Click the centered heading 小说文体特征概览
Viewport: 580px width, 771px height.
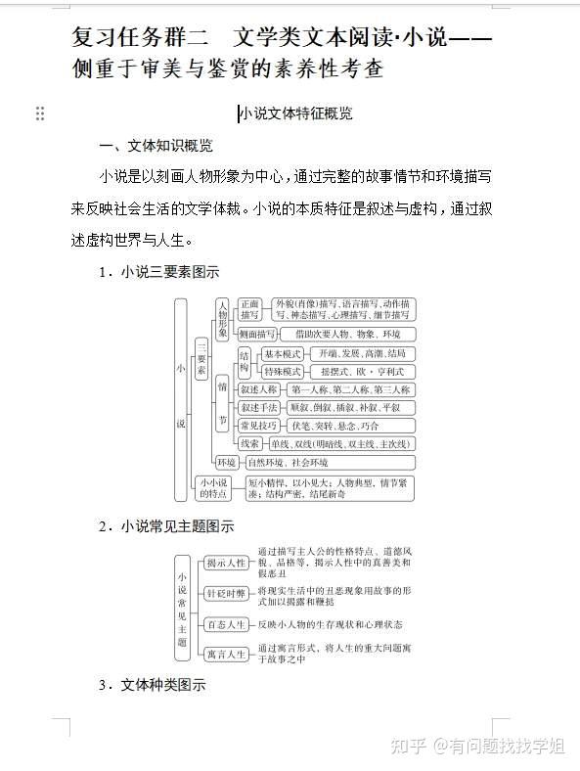295,113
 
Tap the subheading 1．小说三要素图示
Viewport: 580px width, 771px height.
159,272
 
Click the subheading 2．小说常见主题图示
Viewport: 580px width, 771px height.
166,525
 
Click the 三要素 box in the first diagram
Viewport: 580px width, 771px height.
201,358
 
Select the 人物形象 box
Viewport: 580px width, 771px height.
222,321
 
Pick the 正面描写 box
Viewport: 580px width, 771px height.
250,309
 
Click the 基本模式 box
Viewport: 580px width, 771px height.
284,353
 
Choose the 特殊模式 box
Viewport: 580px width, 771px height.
284,372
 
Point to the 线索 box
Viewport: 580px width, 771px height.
250,443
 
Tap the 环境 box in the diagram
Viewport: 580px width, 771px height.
227,462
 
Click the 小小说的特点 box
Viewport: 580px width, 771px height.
213,487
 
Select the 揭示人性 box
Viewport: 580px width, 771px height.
225,564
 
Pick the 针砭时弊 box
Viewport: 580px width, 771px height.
225,593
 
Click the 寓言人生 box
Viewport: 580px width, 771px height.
225,654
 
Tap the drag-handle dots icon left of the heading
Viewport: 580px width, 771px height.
40,113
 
